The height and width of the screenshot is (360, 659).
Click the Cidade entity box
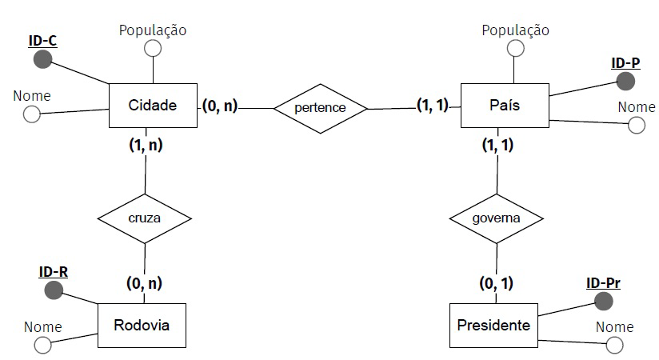click(x=152, y=105)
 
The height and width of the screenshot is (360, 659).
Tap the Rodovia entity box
click(x=141, y=326)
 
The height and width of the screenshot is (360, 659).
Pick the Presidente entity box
click(x=493, y=326)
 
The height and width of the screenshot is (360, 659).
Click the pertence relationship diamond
click(x=320, y=106)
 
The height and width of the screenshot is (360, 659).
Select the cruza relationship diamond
click(x=145, y=218)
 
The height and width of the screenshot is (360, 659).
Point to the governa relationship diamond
click(x=497, y=218)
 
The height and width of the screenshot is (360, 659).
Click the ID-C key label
click(x=42, y=40)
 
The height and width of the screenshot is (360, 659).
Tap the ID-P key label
click(x=625, y=62)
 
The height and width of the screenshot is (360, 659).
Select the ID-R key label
click(x=54, y=271)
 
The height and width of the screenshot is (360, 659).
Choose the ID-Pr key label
click(x=603, y=282)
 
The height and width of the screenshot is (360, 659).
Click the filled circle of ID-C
click(x=42, y=58)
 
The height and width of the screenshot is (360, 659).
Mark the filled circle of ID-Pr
click(x=604, y=301)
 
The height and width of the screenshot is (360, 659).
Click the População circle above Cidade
click(x=152, y=48)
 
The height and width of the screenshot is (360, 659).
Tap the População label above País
click(x=516, y=30)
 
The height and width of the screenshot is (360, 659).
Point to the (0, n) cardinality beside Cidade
click(x=219, y=106)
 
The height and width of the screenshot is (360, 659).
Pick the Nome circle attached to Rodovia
click(x=42, y=345)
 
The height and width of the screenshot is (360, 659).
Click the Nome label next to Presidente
click(x=614, y=326)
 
